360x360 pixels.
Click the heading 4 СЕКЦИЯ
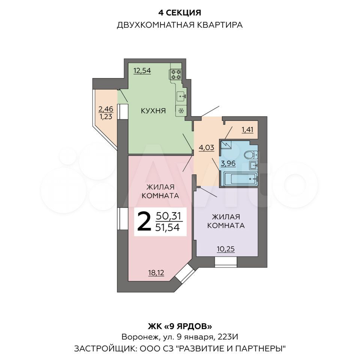click(180, 13)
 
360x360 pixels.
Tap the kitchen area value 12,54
click(142, 70)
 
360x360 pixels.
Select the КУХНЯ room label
click(153, 111)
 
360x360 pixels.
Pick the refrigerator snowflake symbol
click(181, 111)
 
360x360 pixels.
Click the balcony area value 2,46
click(105, 109)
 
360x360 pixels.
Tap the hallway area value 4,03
click(206, 147)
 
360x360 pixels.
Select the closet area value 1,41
click(247, 130)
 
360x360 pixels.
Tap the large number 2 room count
click(144, 222)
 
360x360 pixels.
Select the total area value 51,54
click(168, 227)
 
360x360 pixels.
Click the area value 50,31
click(168, 216)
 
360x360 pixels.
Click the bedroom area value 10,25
click(226, 248)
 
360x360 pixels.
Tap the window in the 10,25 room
click(226, 261)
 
